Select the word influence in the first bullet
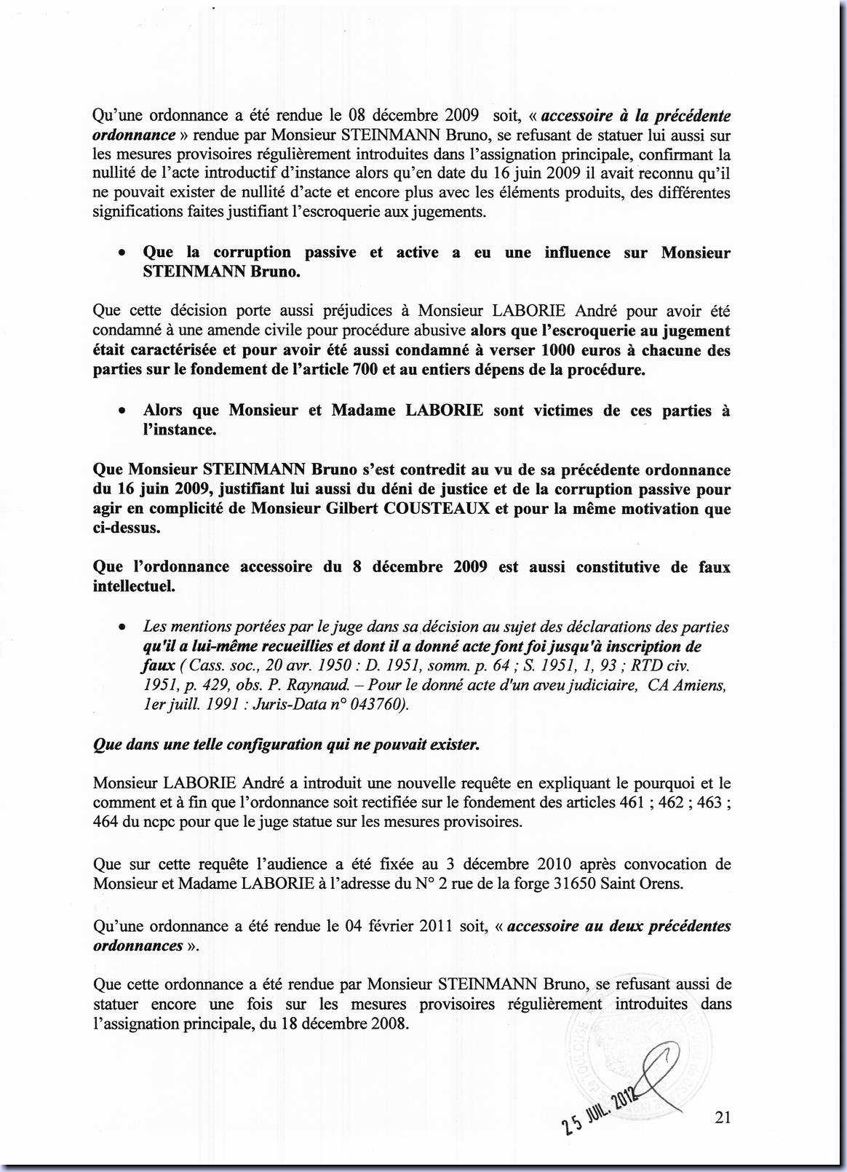coord(577,253)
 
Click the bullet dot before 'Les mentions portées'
coord(124,627)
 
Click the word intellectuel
coord(134,587)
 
